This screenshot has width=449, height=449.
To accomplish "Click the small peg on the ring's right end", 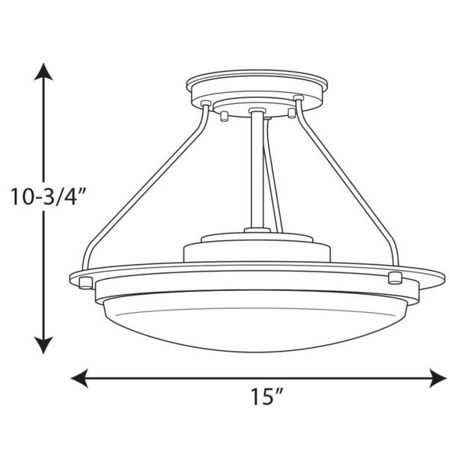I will (x=395, y=279).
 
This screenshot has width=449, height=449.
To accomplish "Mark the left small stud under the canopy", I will (x=224, y=114).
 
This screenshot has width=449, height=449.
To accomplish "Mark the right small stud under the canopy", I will (x=292, y=113).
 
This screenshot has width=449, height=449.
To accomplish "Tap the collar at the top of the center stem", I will (x=257, y=114).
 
